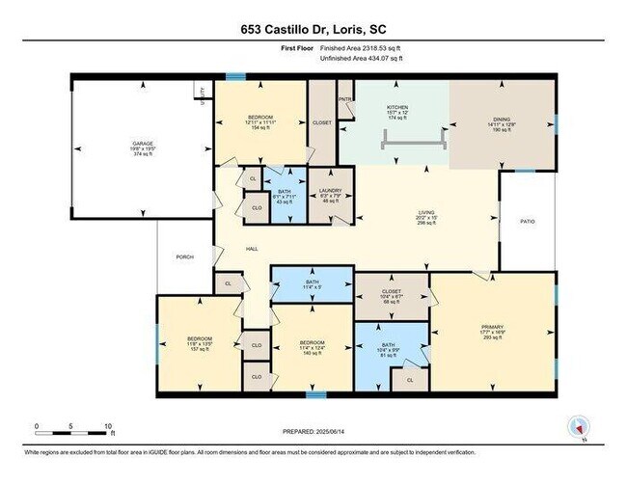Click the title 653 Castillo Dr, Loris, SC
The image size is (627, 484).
pos(313,29)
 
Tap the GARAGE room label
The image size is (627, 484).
pos(142,145)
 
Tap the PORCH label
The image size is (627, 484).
pos(184,256)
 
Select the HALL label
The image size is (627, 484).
pos(251,249)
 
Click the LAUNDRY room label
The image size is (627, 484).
pos(330,189)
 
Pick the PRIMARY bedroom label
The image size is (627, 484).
pos(492,328)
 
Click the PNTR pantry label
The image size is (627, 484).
pos(344,98)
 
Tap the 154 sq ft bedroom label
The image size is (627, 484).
pos(260,122)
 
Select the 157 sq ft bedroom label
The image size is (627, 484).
pos(199,343)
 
